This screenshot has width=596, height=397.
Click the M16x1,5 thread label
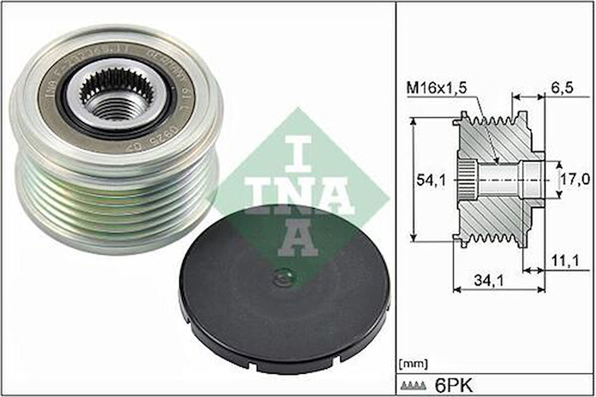point(436,88)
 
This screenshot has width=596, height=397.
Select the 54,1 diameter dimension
point(430,179)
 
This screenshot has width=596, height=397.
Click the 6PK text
point(454,386)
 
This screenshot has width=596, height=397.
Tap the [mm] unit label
point(413,364)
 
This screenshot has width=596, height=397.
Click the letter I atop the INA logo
point(299,152)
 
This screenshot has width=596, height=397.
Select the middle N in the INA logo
point(298,195)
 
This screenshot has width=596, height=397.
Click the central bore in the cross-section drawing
point(498,179)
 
